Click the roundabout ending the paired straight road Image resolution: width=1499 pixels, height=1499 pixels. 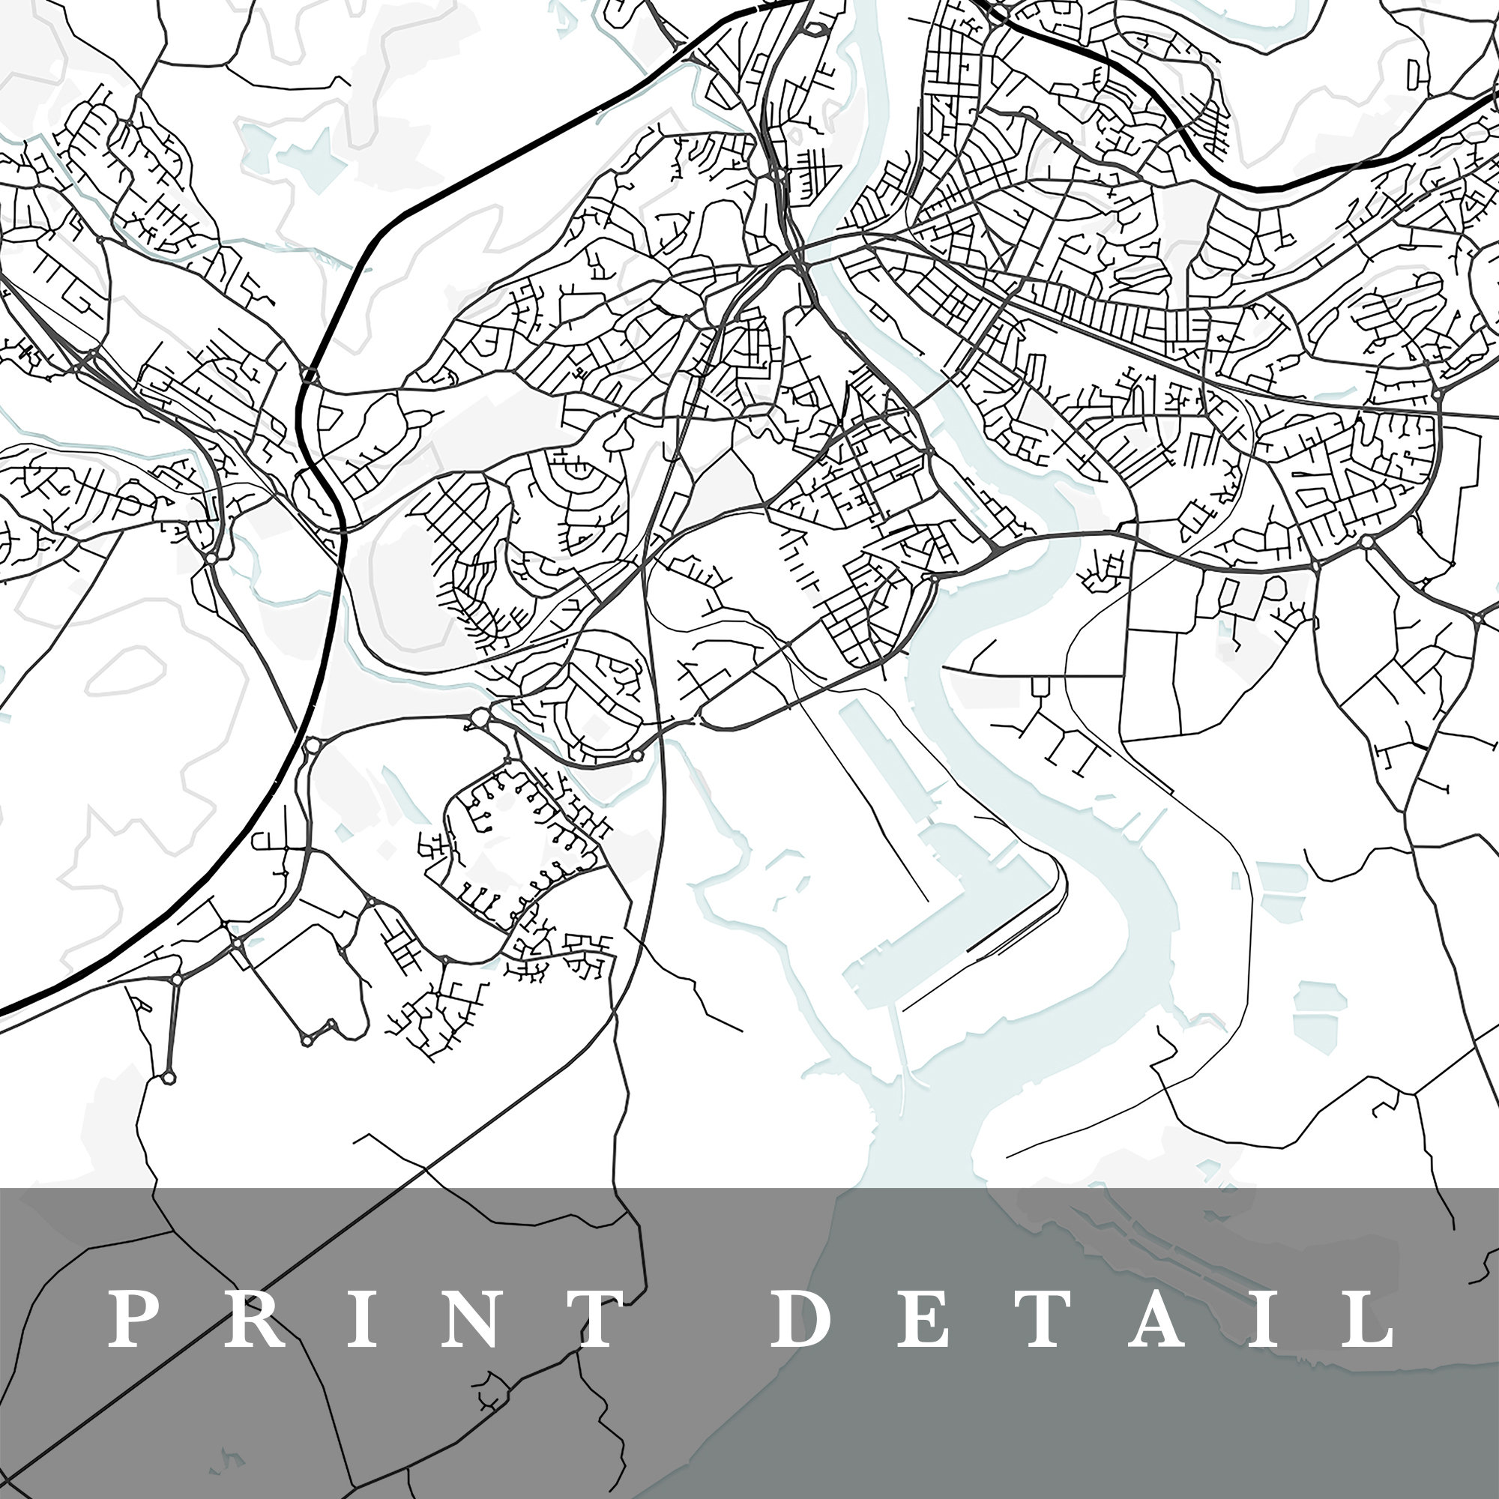point(169,1078)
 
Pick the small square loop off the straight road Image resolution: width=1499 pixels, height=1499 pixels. point(1040,686)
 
